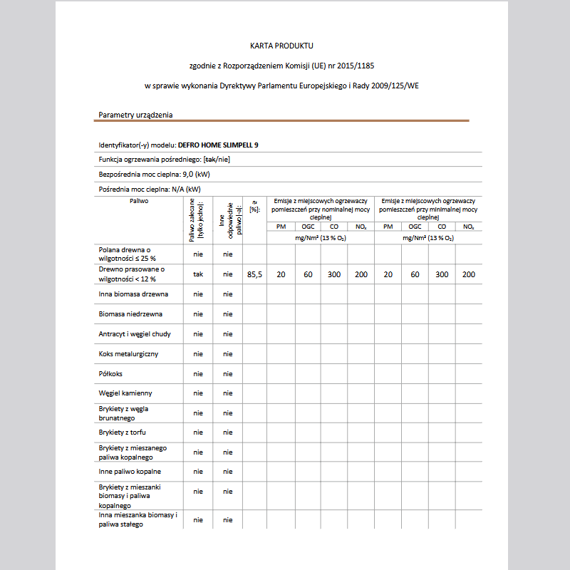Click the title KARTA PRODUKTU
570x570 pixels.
(281, 46)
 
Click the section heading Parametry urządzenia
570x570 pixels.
(135, 115)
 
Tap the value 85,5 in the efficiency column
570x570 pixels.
(254, 274)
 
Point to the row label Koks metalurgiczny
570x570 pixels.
(128, 353)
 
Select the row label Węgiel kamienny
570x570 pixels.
(125, 393)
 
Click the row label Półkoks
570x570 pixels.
(111, 373)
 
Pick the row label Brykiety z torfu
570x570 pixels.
(123, 432)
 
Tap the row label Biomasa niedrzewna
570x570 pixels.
(130, 313)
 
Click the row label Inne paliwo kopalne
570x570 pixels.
(130, 471)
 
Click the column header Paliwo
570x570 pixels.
(139, 202)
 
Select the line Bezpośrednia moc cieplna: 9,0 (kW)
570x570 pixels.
(154, 174)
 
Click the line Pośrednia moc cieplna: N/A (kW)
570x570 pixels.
(150, 190)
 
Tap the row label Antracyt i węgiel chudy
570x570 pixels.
(135, 333)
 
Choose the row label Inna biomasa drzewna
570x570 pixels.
(133, 294)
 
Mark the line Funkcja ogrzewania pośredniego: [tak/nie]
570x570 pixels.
(164, 159)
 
